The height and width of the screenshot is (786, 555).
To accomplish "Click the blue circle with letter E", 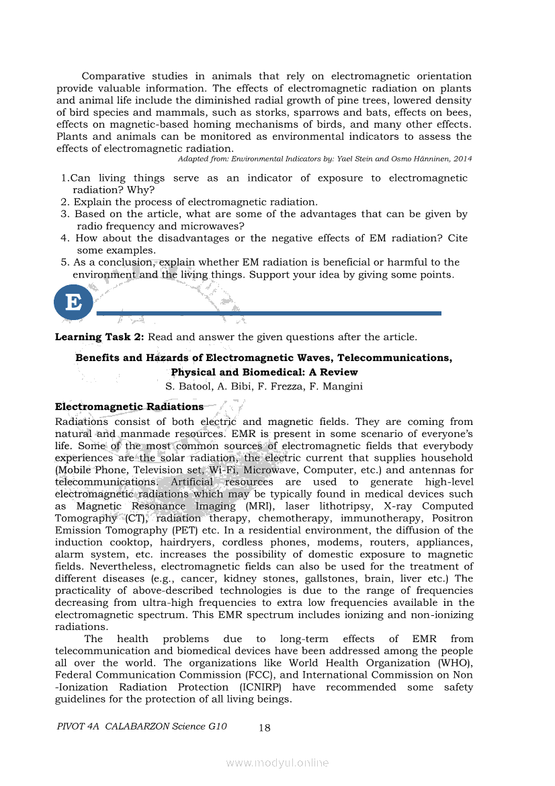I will [73, 302].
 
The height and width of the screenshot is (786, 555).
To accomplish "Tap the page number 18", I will [264, 727].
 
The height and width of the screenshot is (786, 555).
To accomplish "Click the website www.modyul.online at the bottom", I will [277, 762].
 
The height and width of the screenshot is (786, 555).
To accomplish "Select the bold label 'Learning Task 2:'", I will [99, 337].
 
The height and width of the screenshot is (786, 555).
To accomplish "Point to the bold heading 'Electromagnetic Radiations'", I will [129, 407].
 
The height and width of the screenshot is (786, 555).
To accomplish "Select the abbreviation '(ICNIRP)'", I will [261, 687].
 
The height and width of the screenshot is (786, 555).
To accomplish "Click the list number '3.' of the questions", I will [65, 214].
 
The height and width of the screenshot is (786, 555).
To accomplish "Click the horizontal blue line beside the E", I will [269, 313].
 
